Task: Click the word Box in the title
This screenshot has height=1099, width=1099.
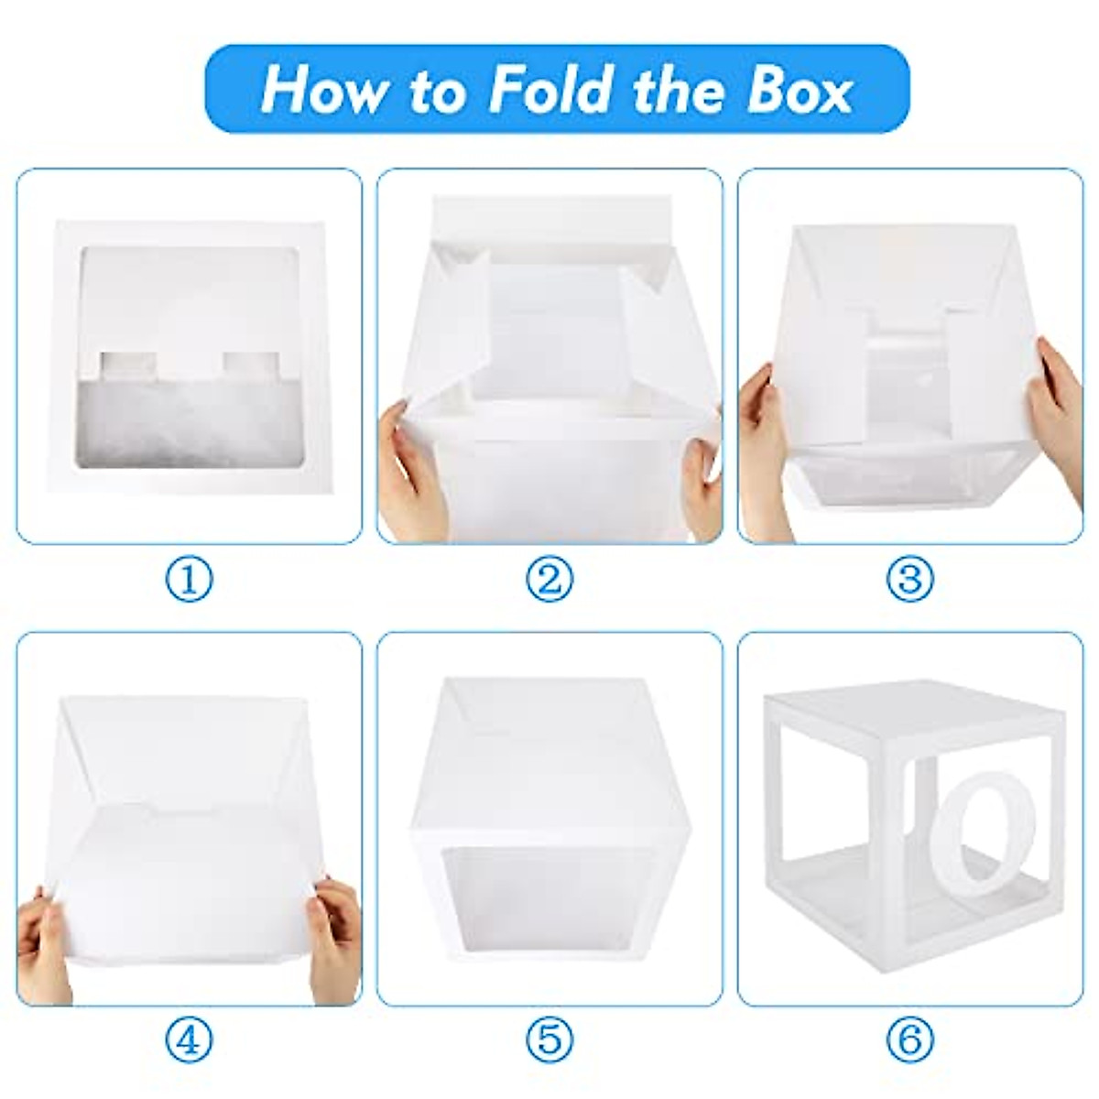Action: [788, 89]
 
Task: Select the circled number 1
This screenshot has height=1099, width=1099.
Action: [190, 579]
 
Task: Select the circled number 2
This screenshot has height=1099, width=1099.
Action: [549, 579]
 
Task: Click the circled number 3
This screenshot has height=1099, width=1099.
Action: [909, 579]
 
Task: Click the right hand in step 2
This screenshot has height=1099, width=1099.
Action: [702, 481]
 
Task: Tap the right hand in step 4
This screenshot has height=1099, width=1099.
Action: [334, 934]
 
